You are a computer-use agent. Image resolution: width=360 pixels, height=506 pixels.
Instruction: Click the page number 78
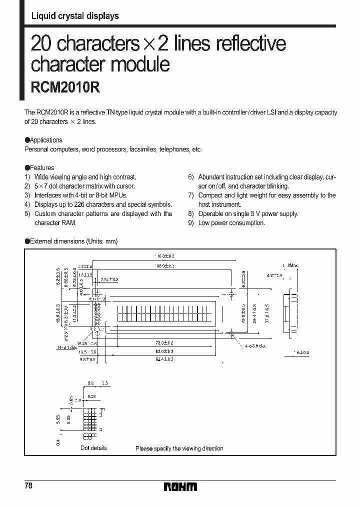point(28,486)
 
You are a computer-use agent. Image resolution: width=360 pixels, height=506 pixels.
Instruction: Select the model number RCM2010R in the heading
point(66,87)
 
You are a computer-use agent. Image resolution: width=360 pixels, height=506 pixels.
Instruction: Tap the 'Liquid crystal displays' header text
point(75,16)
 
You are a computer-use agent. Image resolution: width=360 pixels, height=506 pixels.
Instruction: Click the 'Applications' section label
point(46,140)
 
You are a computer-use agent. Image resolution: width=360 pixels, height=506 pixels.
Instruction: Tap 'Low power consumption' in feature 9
point(231,223)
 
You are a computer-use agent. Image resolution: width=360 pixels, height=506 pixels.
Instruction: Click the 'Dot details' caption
point(93,448)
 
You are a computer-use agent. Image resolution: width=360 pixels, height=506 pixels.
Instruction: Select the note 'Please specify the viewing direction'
point(179,448)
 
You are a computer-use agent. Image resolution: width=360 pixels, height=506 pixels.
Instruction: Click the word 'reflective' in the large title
point(250,44)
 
